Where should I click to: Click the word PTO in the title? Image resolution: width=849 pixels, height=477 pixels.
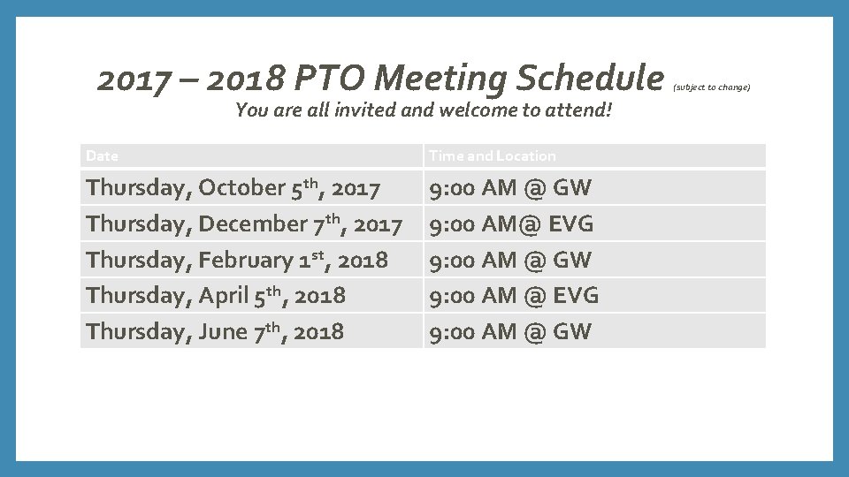click(x=329, y=79)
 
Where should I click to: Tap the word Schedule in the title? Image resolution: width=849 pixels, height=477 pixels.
click(x=589, y=79)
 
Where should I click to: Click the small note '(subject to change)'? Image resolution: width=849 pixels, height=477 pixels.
click(x=712, y=87)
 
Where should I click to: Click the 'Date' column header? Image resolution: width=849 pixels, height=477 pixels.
click(x=102, y=156)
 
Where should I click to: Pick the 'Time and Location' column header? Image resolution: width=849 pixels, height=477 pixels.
click(x=493, y=156)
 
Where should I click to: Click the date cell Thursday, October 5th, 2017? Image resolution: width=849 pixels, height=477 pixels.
click(x=233, y=188)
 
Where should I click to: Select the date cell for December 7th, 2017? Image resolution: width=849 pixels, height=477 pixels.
click(x=244, y=224)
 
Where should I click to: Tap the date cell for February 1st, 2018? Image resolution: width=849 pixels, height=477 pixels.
click(x=237, y=260)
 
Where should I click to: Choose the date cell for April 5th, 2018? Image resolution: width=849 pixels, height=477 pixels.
click(x=216, y=296)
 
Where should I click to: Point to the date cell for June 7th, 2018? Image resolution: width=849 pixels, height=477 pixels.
click(x=215, y=332)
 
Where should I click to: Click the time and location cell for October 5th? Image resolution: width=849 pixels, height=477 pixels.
click(x=510, y=188)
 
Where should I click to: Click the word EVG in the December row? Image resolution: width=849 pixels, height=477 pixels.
click(x=571, y=224)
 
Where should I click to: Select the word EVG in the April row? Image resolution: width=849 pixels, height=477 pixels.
click(x=577, y=296)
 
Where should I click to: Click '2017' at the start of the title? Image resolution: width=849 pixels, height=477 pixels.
click(x=134, y=79)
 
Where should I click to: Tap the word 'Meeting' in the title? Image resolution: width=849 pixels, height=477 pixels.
click(x=440, y=79)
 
